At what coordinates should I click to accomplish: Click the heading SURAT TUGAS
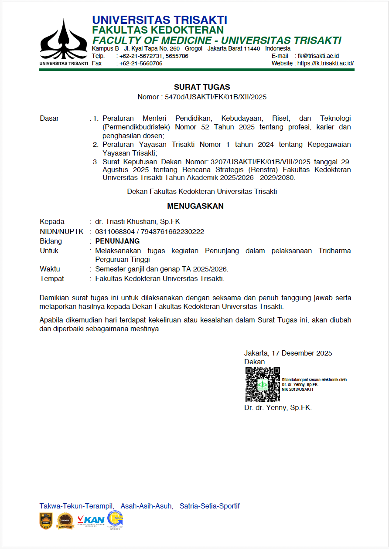coord(202,87)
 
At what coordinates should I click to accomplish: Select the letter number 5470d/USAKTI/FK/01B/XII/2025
coord(215,97)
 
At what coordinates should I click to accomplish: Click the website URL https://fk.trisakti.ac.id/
coord(325,63)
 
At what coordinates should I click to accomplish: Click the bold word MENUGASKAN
coord(195,206)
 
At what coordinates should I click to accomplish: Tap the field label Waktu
coord(50,269)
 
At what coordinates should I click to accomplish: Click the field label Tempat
coord(52,278)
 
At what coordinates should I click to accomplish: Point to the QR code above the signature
coord(263,384)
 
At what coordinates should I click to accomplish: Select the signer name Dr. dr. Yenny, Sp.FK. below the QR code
coord(278,408)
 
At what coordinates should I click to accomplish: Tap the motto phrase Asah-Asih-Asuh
coord(147,506)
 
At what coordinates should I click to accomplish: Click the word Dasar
coord(49,118)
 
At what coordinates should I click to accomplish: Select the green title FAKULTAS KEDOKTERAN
coord(157,30)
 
